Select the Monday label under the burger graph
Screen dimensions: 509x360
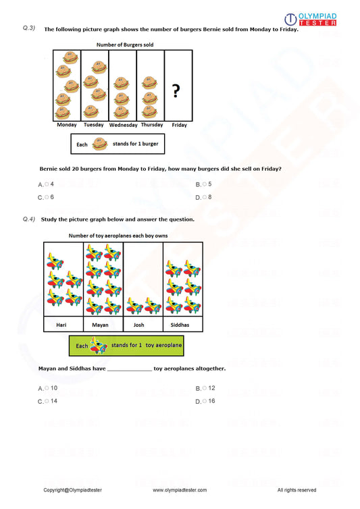(67, 125)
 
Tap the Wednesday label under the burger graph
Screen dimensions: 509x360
(123, 125)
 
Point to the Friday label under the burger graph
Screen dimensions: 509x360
(179, 125)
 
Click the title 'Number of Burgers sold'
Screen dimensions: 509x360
(125, 45)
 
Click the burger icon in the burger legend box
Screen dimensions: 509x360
(100, 144)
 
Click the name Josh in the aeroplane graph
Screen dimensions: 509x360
(143, 325)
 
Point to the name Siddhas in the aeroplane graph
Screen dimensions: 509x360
(182, 325)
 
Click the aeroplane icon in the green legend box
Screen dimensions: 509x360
(99, 346)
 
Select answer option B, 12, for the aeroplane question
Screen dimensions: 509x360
(208, 388)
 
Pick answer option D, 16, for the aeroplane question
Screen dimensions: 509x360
(208, 401)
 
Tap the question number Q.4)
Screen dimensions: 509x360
(28, 219)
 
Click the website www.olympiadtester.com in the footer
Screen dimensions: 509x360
(180, 490)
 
